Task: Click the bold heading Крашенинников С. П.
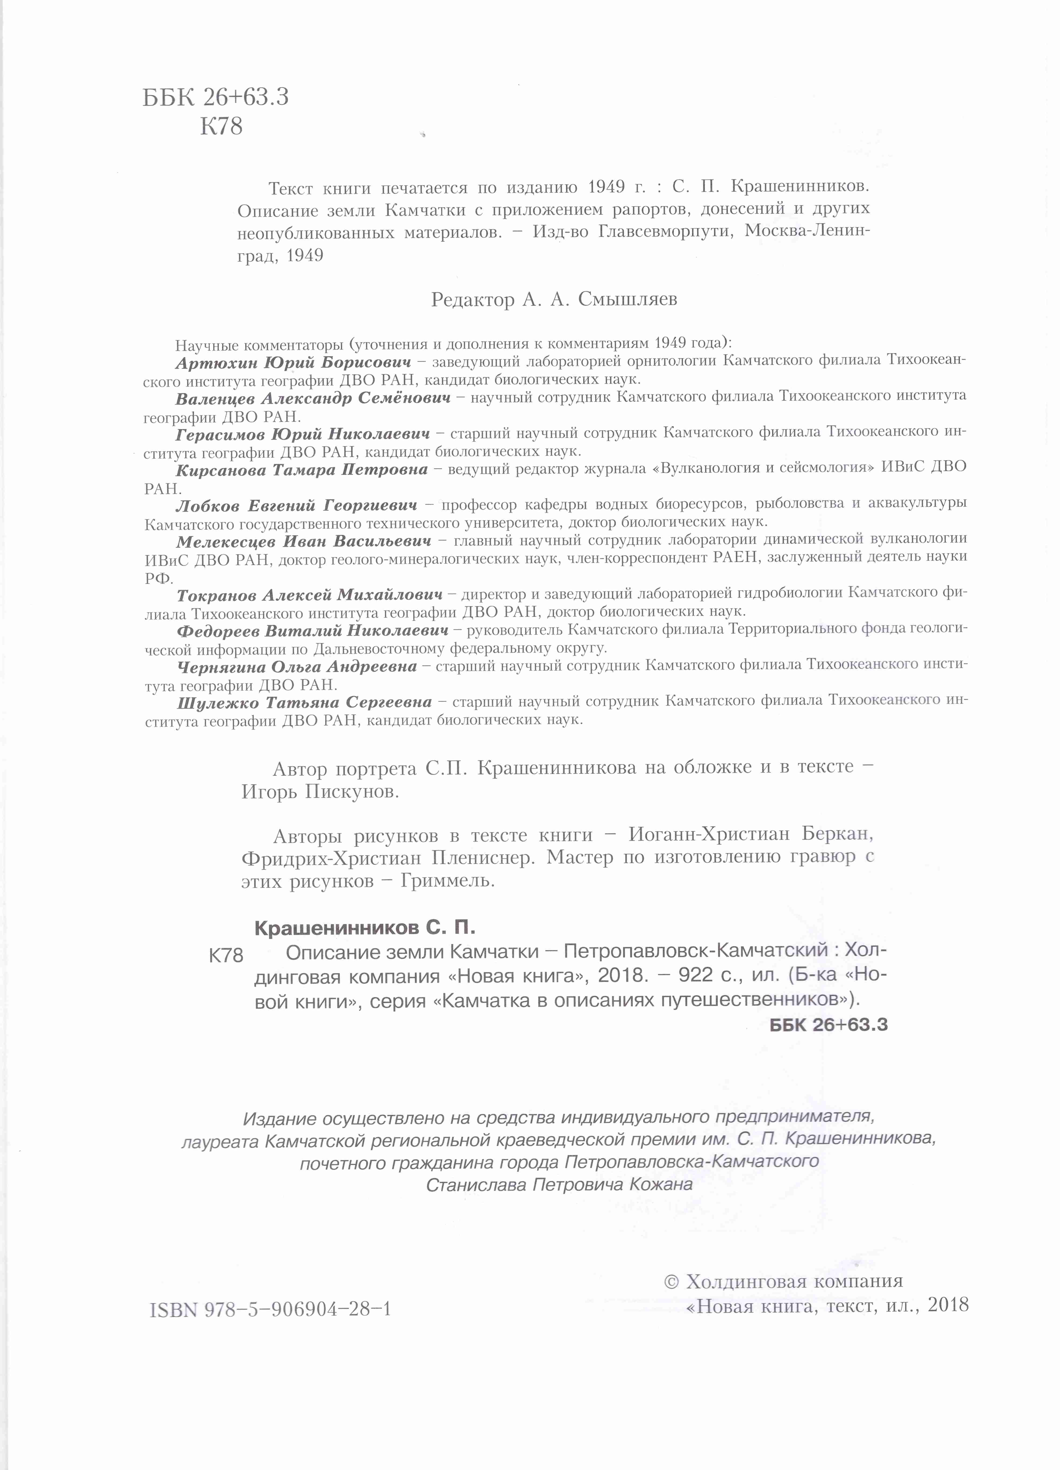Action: pos(365,928)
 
